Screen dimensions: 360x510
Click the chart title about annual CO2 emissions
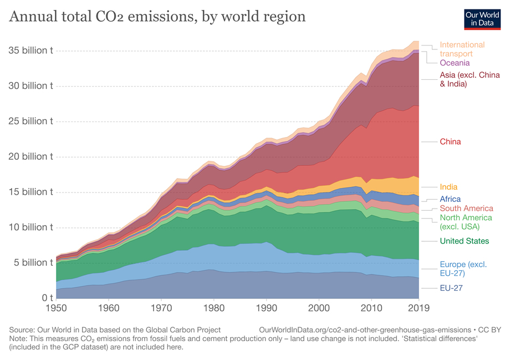(157, 17)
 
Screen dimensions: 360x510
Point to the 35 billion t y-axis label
(31, 50)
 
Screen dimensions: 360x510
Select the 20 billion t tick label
(31, 156)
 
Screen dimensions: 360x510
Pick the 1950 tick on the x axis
(57, 308)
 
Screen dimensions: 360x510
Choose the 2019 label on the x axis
(419, 308)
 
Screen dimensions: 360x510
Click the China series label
(450, 141)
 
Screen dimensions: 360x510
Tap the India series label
(448, 187)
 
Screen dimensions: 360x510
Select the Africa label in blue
(450, 199)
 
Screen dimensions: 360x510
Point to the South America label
(466, 208)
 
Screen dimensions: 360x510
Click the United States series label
(465, 241)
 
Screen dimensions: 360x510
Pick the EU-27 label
(451, 288)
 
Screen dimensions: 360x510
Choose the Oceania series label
(455, 63)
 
